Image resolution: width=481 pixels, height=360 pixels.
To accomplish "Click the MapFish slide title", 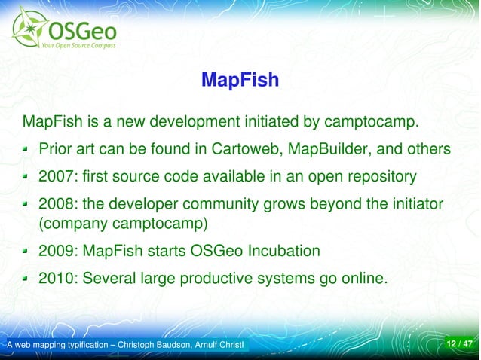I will (240, 79).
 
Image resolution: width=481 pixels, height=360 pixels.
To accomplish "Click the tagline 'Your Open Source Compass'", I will (79, 44).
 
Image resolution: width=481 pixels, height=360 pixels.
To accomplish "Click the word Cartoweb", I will (251, 149).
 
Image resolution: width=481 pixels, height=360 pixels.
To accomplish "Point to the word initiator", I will (412, 205).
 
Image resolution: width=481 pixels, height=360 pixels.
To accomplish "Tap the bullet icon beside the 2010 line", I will (26, 279).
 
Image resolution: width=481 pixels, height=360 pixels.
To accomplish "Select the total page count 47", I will (468, 345).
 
